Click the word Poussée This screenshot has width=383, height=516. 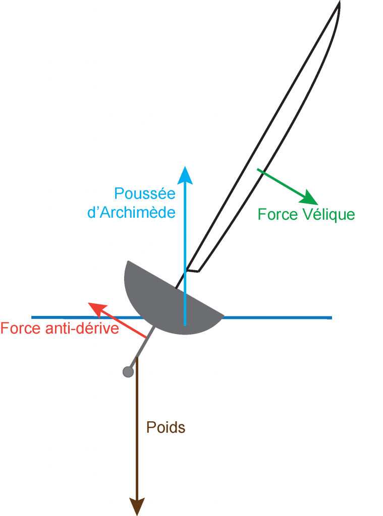tap(144, 194)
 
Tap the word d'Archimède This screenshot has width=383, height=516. tap(132, 212)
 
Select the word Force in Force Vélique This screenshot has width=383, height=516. tap(275, 214)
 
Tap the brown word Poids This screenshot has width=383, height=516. tap(166, 428)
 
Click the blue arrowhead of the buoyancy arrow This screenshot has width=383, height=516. tap(185, 174)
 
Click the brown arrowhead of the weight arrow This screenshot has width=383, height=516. tap(137, 506)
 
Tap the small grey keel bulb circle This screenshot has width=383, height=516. tap(128, 372)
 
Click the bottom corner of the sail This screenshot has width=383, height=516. tap(198, 271)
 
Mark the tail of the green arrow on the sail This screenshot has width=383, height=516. tap(258, 170)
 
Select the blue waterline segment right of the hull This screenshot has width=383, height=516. tap(278, 317)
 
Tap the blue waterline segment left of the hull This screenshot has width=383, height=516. tap(76, 317)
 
